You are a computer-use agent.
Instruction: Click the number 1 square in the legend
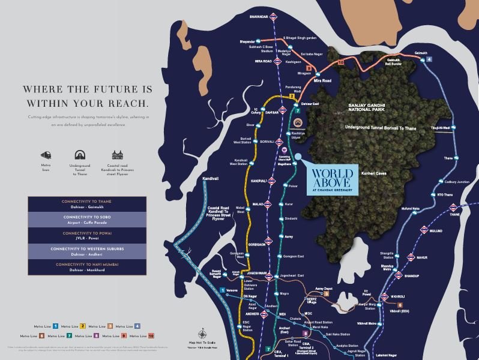55,326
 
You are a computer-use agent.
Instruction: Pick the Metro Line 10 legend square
151,337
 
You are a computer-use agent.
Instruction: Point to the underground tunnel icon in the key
79,155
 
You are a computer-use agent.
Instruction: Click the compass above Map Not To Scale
202,335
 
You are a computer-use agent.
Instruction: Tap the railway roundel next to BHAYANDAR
274,17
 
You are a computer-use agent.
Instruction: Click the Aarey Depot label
323,289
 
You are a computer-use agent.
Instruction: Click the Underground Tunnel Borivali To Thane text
381,128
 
